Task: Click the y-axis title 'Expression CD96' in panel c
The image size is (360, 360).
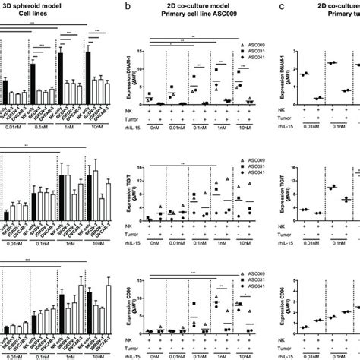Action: click(x=292, y=310)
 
